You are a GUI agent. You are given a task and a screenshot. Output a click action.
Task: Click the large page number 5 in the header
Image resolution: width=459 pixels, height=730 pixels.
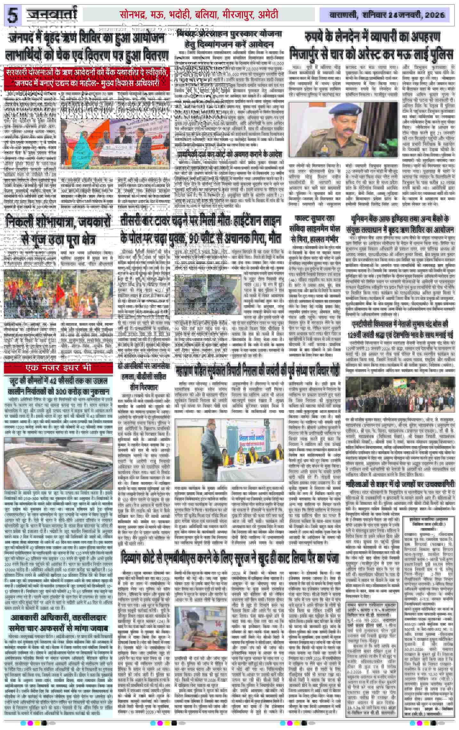(x=13, y=15)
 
